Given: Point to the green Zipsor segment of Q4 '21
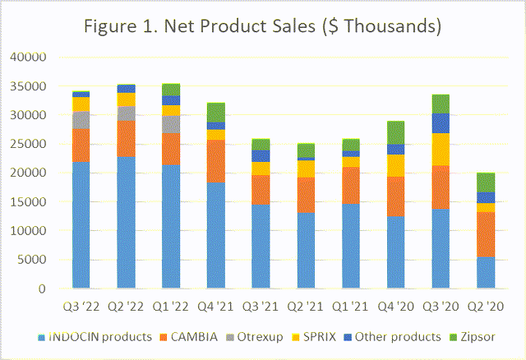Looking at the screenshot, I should [216, 113].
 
